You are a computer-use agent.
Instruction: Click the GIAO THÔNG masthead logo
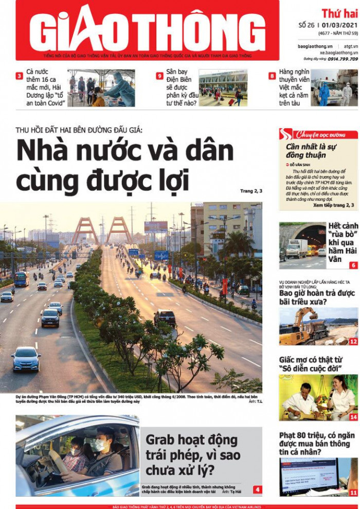147,29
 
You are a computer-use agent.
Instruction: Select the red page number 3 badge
19,76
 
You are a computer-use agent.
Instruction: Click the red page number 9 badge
159,76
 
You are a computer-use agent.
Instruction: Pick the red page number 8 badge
272,76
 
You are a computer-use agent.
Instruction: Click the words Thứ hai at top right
339,13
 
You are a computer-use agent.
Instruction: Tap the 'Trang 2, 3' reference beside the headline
251,191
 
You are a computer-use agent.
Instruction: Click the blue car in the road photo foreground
26,358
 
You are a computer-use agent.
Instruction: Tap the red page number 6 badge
353,266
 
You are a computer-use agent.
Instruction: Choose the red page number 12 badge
353,341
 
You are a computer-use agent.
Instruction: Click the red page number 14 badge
353,417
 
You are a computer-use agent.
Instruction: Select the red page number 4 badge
257,489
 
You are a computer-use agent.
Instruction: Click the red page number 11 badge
353,493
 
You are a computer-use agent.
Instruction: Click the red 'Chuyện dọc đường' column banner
319,135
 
